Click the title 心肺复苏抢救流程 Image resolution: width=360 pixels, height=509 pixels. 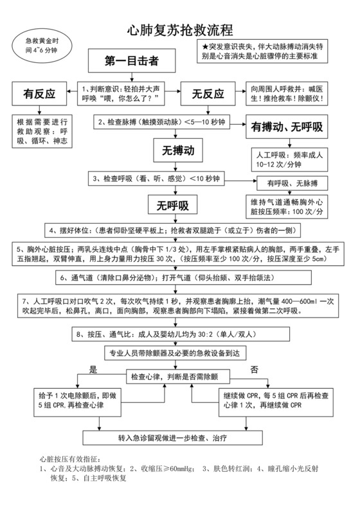tap(179, 30)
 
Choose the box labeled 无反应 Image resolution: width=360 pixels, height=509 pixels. tap(208, 94)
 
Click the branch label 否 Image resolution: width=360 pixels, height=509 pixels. tap(254, 370)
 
